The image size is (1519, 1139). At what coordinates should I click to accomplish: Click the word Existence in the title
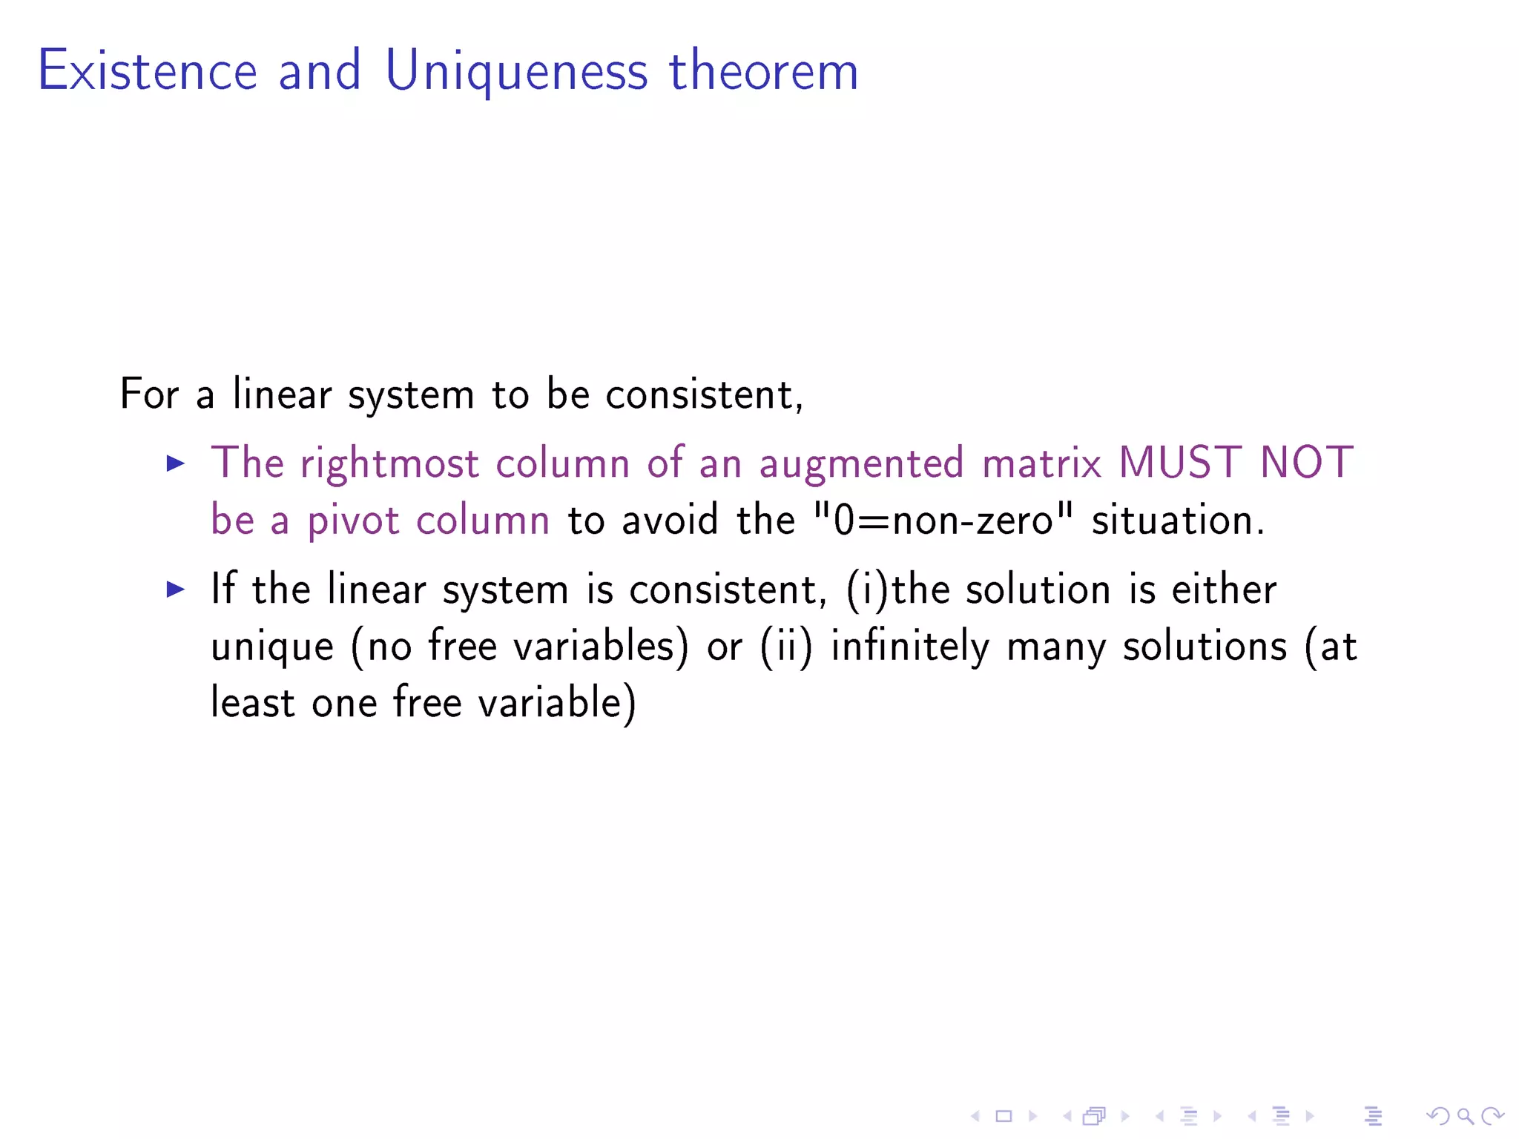point(148,71)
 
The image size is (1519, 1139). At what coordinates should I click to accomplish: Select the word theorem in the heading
point(764,71)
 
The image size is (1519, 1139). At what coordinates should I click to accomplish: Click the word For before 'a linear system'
point(149,394)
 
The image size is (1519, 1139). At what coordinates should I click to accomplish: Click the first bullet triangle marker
point(176,464)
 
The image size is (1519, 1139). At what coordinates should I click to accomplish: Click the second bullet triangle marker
point(176,590)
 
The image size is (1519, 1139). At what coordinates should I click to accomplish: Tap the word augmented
point(861,464)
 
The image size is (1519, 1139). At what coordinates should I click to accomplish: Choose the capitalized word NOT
point(1307,463)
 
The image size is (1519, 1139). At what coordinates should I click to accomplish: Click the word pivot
point(353,520)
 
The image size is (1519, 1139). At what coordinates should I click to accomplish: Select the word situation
point(1178,519)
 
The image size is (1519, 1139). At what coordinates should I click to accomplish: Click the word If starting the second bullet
point(223,589)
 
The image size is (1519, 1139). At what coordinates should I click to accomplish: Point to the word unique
point(272,647)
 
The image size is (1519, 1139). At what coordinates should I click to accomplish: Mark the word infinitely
point(909,646)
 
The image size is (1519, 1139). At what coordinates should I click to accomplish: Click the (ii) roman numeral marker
point(786,646)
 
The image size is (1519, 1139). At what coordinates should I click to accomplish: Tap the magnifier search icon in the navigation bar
point(1465,1115)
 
